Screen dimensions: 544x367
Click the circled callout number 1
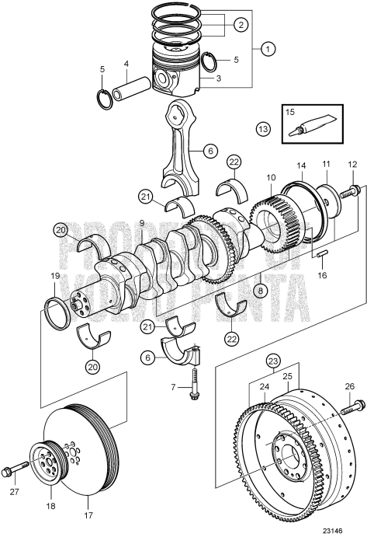pos(268,50)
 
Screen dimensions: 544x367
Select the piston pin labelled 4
pos(126,91)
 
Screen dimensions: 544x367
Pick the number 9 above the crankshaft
pos(142,223)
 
